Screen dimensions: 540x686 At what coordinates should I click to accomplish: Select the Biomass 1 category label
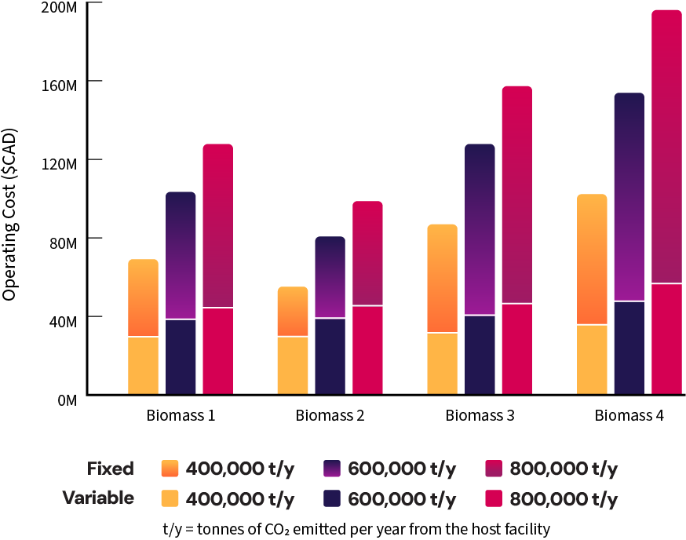click(181, 415)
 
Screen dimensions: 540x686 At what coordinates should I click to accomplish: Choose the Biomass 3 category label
click(480, 415)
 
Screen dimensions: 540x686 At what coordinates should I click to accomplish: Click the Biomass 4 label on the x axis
click(629, 415)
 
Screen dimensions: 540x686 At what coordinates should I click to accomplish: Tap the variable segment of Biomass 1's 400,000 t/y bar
click(143, 366)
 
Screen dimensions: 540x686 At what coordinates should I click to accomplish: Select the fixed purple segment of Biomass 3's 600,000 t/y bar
click(480, 229)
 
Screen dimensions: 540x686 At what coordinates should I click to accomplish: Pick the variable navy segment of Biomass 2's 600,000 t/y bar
click(330, 356)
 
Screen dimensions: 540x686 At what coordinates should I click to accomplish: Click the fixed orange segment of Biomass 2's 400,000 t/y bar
click(293, 312)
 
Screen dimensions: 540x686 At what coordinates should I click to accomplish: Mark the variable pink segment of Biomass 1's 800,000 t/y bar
click(217, 352)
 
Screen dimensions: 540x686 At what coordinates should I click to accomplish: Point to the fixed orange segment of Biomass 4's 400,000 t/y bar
click(592, 259)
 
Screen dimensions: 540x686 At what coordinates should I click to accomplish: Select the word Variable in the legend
click(99, 498)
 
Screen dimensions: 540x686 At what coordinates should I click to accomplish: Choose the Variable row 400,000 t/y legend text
click(239, 498)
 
